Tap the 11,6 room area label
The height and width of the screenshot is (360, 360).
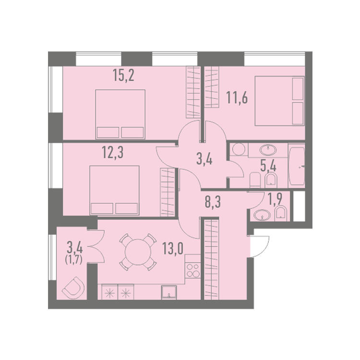coord(237,97)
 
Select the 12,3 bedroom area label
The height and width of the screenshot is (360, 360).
coord(113,153)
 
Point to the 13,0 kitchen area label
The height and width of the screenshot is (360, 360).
coord(173,249)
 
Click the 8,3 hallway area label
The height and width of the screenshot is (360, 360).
coord(213,202)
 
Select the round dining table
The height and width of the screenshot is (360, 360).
coord(138,252)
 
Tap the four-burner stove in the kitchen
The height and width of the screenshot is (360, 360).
coord(192,270)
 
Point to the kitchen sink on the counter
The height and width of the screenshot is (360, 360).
coord(169,292)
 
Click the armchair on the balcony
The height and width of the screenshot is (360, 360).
coord(73,288)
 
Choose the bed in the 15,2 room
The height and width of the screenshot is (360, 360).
coord(120,114)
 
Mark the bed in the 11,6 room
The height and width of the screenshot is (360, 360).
coord(280,101)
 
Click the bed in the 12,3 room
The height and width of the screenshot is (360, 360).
coord(114,191)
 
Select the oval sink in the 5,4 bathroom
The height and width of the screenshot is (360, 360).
coord(268,150)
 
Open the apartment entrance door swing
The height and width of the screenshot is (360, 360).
coord(260,246)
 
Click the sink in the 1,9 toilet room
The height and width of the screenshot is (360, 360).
coord(262,215)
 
